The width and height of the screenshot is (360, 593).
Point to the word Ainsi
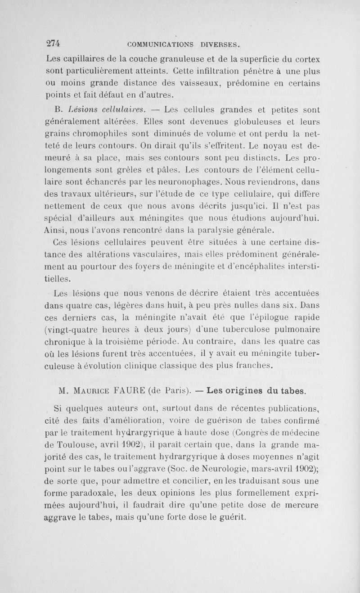click(57, 231)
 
